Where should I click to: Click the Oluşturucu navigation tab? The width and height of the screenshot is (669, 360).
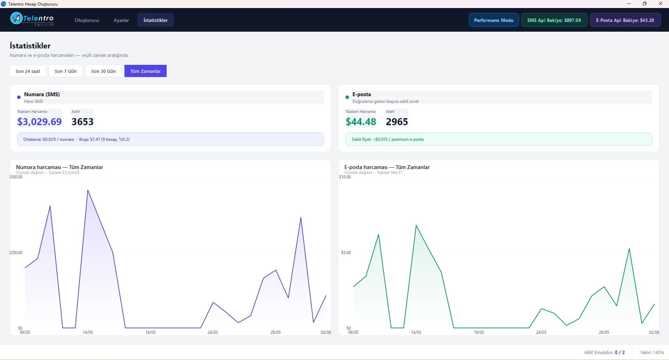point(87,20)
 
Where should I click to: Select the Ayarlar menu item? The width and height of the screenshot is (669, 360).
point(121,20)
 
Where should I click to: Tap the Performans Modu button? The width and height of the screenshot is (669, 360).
point(494,20)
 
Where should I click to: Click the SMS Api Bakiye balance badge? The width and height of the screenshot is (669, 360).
point(554,20)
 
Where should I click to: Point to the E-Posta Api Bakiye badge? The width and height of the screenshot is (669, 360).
point(625,20)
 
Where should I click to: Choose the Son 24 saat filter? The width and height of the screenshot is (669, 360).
point(28,71)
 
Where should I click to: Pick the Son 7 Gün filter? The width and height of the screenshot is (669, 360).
point(66,71)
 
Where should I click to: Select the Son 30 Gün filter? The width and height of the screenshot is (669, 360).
point(104,71)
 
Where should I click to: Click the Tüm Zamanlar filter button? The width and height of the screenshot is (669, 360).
point(145,71)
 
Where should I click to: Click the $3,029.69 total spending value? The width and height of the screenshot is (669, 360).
point(39,122)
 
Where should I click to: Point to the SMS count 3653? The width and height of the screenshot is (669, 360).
point(83,122)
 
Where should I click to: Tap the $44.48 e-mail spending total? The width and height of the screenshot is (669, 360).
point(361,122)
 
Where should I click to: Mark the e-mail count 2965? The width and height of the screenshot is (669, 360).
point(397,122)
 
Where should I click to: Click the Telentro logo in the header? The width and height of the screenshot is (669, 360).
point(32,19)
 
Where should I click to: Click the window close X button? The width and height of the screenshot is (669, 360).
point(660,4)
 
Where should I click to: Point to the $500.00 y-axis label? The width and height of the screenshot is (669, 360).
point(16,177)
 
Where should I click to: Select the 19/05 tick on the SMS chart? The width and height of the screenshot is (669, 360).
point(151,332)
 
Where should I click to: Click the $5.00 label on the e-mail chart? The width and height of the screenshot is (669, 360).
point(346,253)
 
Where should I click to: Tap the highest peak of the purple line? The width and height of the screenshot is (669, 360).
point(88,190)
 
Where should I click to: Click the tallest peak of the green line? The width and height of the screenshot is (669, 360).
point(416,225)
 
